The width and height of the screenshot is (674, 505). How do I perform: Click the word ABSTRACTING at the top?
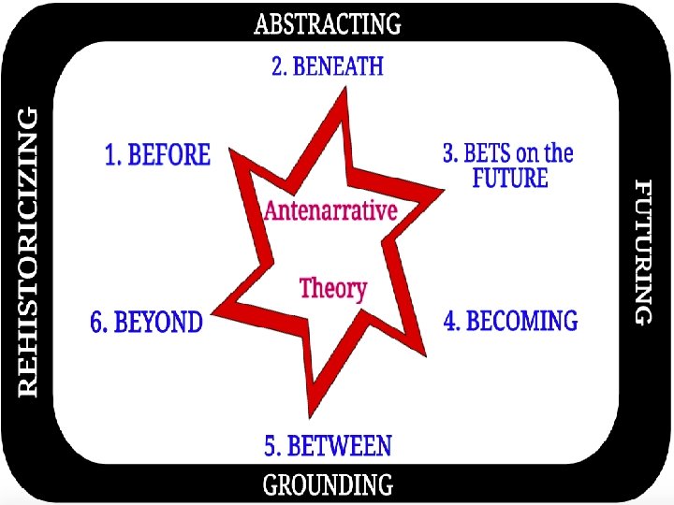point(328,23)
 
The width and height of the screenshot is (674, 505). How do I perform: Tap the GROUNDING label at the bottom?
point(328,484)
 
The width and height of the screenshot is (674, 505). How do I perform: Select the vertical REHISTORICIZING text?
point(29,251)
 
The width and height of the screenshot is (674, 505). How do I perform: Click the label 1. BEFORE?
point(157,154)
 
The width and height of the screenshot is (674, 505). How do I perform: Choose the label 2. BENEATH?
point(328,67)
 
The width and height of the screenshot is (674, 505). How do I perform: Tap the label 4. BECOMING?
point(510,322)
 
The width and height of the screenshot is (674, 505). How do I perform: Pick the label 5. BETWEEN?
point(328,447)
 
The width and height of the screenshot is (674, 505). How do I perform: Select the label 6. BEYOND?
point(146,323)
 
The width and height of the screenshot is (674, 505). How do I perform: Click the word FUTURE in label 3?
point(510,178)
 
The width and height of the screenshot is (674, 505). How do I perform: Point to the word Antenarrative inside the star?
point(330,210)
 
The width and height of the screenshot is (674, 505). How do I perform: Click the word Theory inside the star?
point(332,287)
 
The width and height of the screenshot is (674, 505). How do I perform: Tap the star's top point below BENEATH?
point(345,94)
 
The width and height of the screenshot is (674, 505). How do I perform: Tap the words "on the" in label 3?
point(545,154)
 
